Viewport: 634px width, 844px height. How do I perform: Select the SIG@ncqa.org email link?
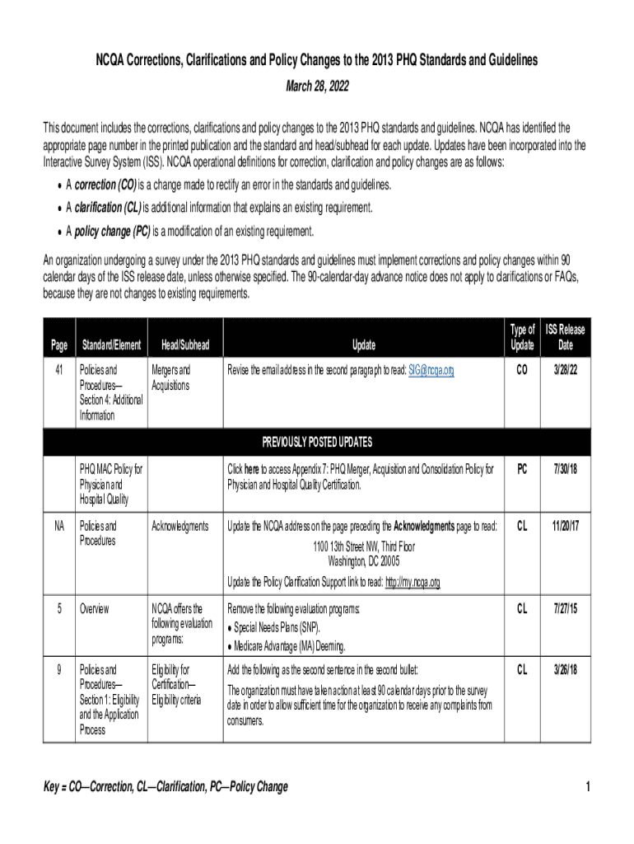tap(431, 371)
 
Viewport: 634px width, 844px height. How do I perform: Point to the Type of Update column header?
tap(522, 337)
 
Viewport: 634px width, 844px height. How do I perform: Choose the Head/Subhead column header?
tap(185, 345)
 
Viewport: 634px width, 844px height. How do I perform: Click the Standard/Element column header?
tap(110, 345)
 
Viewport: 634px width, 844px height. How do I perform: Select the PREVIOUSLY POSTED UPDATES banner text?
tap(317, 441)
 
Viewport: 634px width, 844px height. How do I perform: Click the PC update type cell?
tap(522, 469)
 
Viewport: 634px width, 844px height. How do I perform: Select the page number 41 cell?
tap(58, 371)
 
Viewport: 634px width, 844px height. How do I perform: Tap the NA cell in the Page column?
tap(58, 526)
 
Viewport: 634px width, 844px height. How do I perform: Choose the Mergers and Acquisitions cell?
tap(170, 378)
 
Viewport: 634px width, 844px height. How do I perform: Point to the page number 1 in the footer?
tap(588, 787)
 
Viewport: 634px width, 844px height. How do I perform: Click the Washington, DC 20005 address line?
tap(363, 561)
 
